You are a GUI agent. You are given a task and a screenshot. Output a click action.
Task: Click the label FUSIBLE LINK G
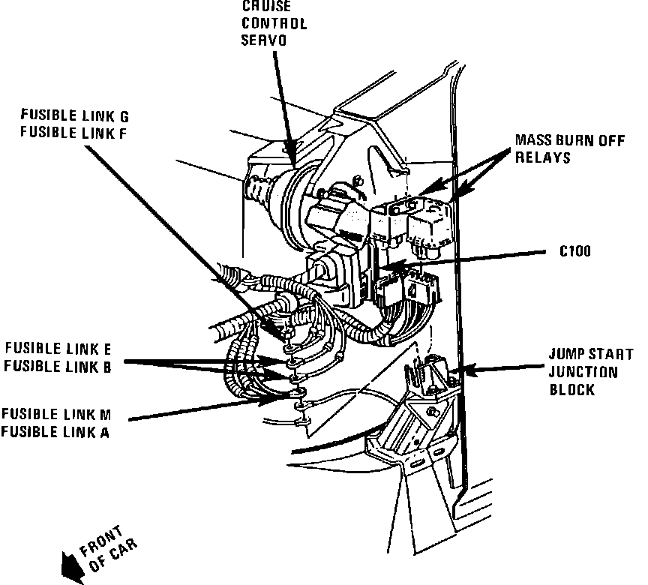tap(75, 115)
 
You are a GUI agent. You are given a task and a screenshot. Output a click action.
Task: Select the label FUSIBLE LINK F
tap(73, 133)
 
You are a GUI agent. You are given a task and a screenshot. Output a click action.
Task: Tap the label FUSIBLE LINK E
tap(58, 349)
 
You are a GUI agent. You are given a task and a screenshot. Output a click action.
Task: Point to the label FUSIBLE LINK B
tap(58, 367)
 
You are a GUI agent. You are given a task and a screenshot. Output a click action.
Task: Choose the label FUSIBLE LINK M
tap(56, 414)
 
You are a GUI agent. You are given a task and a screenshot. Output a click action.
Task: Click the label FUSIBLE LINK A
tap(55, 432)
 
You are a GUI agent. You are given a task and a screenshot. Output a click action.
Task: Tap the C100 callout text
tap(574, 251)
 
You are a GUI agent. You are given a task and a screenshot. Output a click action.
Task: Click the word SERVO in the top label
tap(264, 40)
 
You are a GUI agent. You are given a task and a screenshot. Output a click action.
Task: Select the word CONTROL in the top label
tap(274, 23)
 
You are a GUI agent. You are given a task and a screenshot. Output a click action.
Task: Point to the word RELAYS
tap(542, 157)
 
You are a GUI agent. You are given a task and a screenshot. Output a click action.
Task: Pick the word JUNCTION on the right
tap(583, 372)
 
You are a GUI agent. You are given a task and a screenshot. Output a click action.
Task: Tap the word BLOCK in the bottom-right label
tap(572, 389)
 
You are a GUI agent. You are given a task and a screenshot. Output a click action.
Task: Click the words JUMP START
tap(591, 355)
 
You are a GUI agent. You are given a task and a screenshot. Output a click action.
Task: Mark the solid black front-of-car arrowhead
tap(72, 568)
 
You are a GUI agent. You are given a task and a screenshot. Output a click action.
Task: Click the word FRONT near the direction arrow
tap(101, 541)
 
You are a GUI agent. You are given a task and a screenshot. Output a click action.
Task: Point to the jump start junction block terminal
tap(430, 372)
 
